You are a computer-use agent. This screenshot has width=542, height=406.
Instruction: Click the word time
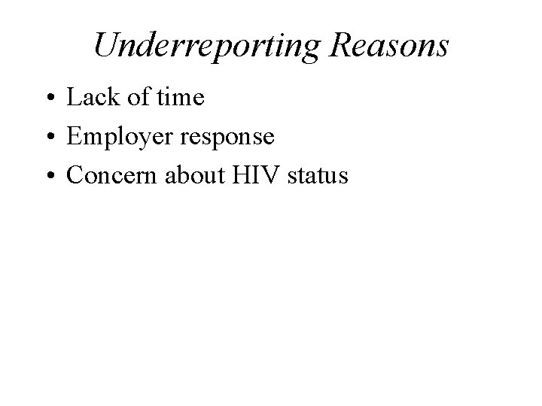point(180,98)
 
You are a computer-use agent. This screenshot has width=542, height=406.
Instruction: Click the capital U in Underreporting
point(105,45)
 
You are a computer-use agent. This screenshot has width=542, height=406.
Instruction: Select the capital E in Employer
point(74,137)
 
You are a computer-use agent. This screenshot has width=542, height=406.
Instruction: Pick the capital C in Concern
point(75,176)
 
